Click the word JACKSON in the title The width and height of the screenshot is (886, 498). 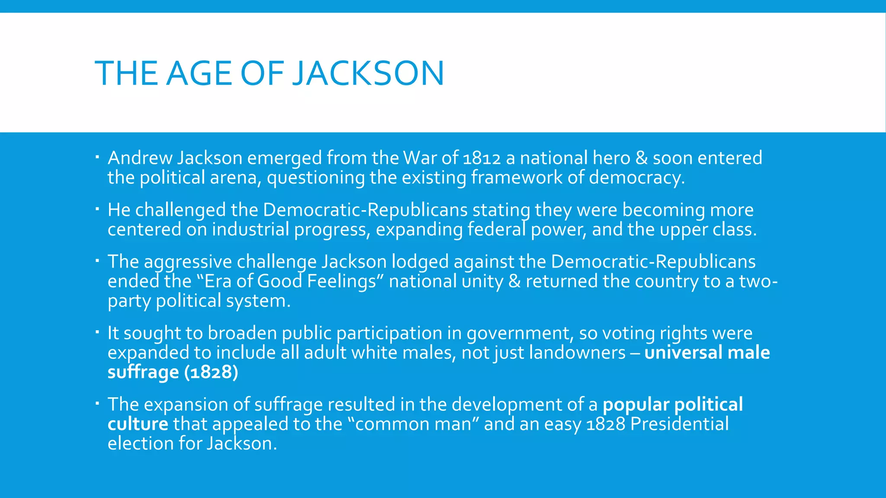tap(368, 73)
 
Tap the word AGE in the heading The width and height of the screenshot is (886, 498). tap(199, 73)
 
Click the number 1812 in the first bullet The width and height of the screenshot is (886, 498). tap(482, 158)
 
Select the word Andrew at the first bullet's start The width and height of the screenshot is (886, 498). tap(140, 158)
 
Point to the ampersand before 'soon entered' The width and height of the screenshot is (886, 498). tap(642, 158)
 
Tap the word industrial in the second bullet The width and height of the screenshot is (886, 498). tap(250, 230)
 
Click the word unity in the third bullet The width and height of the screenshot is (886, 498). tap(482, 282)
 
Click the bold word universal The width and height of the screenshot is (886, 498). tap(683, 353)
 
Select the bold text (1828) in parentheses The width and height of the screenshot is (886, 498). tap(211, 372)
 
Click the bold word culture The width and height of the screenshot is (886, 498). tap(138, 424)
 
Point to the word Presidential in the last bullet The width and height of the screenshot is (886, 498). tap(679, 424)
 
